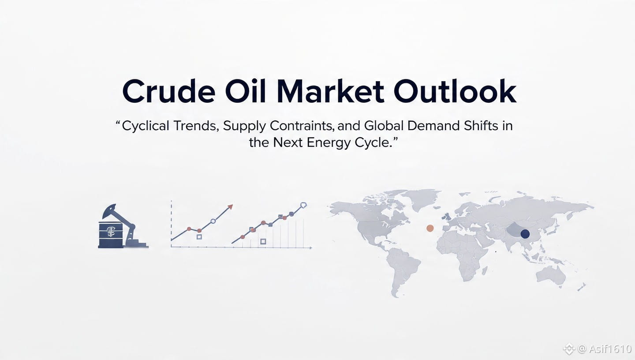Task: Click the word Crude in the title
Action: point(168,91)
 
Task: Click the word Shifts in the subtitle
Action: point(481,126)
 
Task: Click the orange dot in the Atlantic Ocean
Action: point(430,228)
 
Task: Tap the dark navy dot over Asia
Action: point(525,234)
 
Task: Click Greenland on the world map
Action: point(423,199)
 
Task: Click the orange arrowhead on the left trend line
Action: point(230,207)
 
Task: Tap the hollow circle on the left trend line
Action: point(213,221)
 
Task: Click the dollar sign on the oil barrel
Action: point(110,232)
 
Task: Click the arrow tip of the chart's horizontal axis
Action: point(312,248)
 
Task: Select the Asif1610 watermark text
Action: point(610,349)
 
